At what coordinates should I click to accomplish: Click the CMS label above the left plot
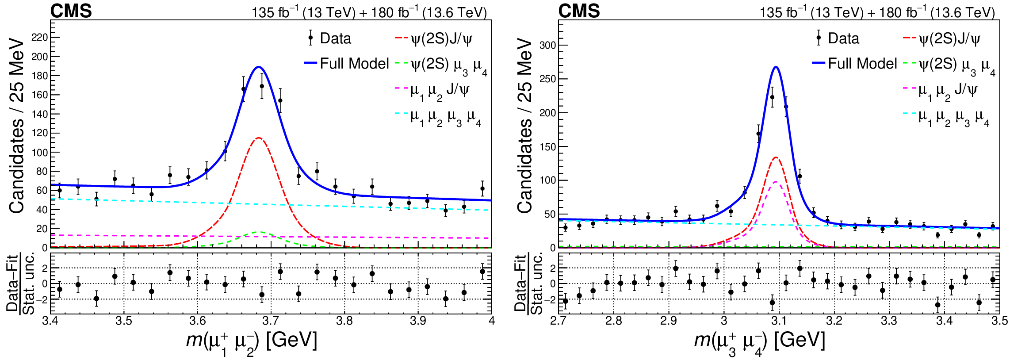[71, 11]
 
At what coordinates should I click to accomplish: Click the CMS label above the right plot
[579, 11]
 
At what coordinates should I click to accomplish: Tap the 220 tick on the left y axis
[40, 38]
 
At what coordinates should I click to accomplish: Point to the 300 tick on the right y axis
[547, 45]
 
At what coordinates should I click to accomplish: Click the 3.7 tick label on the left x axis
[271, 321]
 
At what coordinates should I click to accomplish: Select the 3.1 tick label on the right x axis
[779, 321]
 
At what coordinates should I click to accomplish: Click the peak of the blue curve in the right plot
[776, 67]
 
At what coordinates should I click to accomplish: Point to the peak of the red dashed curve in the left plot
[258, 138]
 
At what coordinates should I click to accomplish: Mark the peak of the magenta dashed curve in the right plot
[776, 182]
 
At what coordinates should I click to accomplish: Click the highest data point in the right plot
[772, 97]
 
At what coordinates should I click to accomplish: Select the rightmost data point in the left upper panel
[482, 188]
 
